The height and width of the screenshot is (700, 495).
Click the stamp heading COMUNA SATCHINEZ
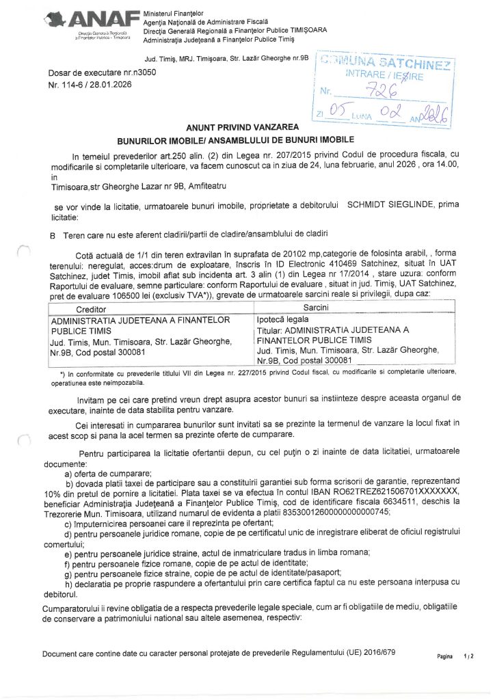(x=387, y=63)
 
